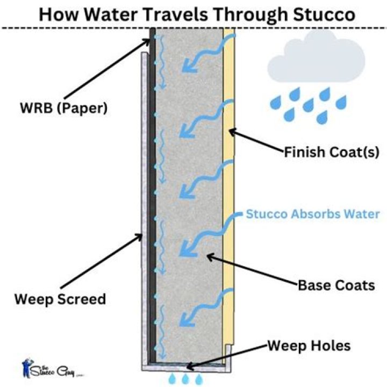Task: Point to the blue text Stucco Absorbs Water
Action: [x=313, y=214]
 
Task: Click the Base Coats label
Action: [x=336, y=284]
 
